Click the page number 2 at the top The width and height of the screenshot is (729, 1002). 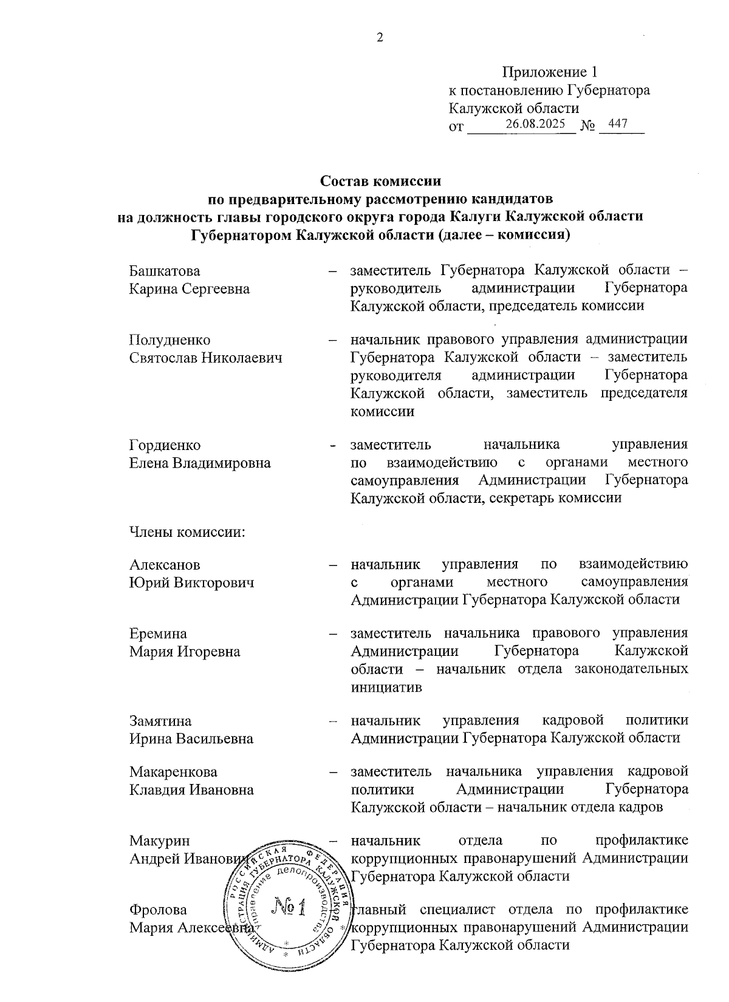[380, 38]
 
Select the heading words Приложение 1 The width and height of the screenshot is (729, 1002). [550, 73]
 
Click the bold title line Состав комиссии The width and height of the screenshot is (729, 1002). [380, 181]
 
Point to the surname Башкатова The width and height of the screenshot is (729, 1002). [165, 271]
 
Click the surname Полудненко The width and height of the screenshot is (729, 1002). [170, 340]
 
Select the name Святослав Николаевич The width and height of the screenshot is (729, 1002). [206, 358]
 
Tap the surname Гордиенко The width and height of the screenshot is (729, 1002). [165, 446]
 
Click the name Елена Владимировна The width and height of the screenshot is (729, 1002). [200, 463]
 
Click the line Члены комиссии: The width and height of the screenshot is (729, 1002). [187, 533]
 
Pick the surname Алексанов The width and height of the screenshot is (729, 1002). [165, 565]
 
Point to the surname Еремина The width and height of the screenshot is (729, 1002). [158, 634]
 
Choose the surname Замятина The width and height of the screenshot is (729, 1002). [160, 721]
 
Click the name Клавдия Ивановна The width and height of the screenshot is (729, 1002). [191, 790]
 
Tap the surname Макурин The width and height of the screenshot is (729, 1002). [160, 841]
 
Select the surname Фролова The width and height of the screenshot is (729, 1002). [158, 910]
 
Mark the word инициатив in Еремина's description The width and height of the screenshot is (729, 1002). [386, 687]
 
